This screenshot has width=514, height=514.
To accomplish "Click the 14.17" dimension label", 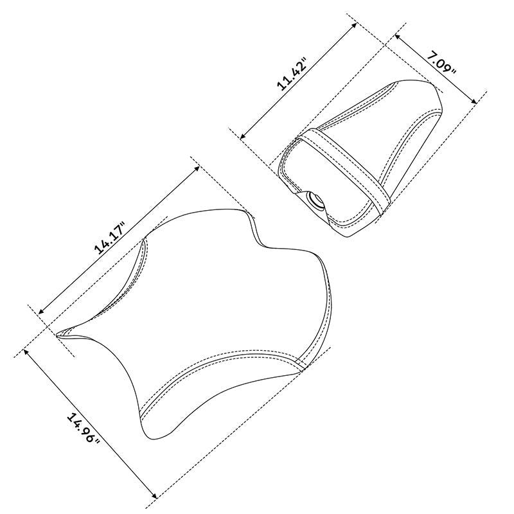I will [x=110, y=237].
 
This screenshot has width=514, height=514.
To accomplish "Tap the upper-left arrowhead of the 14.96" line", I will [x=27, y=352].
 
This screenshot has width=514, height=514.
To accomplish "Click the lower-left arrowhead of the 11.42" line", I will [x=242, y=136].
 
